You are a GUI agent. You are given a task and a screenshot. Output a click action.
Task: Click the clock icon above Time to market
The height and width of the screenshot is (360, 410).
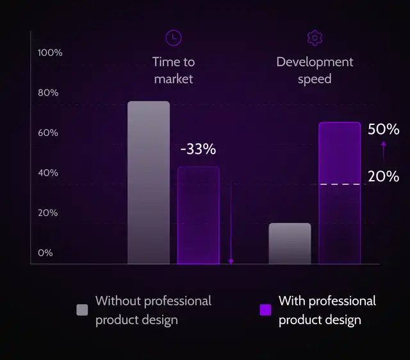pyautogui.click(x=173, y=38)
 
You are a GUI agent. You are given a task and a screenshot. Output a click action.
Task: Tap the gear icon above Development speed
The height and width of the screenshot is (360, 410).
pyautogui.click(x=314, y=38)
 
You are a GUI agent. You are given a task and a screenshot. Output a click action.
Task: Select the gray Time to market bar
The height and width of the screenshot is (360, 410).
pyautogui.click(x=149, y=183)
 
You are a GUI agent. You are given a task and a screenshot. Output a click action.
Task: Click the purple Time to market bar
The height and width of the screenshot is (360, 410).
pyautogui.click(x=199, y=215)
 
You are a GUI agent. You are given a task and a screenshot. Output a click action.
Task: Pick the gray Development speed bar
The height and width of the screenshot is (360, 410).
pyautogui.click(x=290, y=243)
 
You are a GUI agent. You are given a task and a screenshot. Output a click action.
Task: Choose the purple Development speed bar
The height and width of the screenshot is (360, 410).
pyautogui.click(x=340, y=192)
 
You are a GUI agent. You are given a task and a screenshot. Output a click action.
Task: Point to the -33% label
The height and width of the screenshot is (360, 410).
pyautogui.click(x=198, y=150)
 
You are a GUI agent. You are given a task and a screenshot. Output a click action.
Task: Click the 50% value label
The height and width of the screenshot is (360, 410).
pyautogui.click(x=384, y=129)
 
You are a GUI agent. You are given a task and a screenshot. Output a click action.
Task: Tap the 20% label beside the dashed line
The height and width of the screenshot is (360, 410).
pyautogui.click(x=384, y=176)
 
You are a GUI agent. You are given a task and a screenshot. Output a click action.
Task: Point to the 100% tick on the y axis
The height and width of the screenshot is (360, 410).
pyautogui.click(x=51, y=53)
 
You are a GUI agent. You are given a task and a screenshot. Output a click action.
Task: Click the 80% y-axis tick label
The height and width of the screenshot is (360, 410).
pyautogui.click(x=48, y=93)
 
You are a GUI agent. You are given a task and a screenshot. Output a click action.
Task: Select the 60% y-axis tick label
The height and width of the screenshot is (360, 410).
pyautogui.click(x=48, y=133)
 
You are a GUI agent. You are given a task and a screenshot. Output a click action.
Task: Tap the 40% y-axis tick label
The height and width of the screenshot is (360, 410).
pyautogui.click(x=48, y=173)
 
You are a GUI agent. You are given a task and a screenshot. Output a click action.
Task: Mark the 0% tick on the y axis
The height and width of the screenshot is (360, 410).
pyautogui.click(x=45, y=252)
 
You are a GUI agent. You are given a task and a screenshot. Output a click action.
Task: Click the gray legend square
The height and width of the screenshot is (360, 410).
pyautogui.click(x=82, y=310)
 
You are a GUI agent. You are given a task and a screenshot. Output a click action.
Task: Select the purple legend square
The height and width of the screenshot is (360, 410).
pyautogui.click(x=265, y=310)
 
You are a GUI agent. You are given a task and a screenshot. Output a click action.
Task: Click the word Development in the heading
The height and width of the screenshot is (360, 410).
pyautogui.click(x=315, y=62)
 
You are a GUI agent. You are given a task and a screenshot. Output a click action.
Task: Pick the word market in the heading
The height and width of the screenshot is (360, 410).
pyautogui.click(x=174, y=79)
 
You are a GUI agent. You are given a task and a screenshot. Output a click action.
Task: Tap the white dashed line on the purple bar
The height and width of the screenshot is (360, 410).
pyautogui.click(x=340, y=184)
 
